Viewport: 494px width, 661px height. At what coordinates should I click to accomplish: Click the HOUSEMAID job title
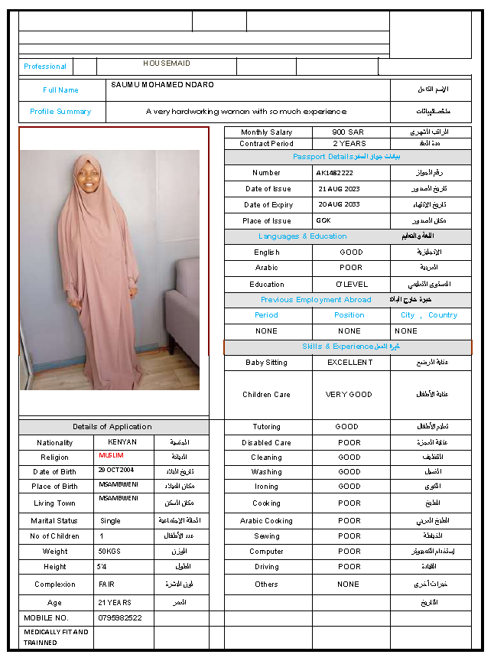167,63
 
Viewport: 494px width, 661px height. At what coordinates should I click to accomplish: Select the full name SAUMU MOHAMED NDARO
162,84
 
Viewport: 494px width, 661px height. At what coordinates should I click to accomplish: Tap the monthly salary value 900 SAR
348,132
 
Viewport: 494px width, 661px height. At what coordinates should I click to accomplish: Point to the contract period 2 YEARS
349,143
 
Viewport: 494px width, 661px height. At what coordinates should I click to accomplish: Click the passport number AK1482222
335,173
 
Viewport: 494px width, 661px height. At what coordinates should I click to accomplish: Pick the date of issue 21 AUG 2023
339,188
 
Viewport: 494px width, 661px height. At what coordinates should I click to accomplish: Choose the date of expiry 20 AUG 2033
339,205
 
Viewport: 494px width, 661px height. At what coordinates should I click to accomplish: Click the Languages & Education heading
303,236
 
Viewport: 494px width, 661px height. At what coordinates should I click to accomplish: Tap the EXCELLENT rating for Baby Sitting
349,363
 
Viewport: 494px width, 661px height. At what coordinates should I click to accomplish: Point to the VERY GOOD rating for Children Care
349,395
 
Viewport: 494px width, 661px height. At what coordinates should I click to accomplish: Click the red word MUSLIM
111,456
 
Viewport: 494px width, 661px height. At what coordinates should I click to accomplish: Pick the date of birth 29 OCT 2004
116,470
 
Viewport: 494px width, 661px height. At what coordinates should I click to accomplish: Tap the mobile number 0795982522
121,617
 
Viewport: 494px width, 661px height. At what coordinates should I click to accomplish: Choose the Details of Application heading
112,427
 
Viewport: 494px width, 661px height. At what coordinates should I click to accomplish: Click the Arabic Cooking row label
266,521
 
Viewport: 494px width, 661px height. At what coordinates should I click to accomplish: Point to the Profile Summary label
60,112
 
